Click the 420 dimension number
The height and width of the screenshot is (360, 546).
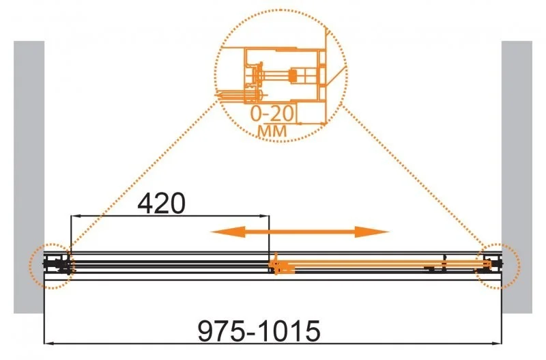click(161, 204)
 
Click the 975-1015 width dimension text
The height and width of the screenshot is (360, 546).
click(259, 331)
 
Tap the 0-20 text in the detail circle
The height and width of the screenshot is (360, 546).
click(272, 113)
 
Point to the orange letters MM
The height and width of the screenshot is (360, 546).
click(272, 131)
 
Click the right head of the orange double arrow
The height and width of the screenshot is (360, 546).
click(372, 232)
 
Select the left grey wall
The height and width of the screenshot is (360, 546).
click(29, 177)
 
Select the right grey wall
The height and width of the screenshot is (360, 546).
click(517, 177)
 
